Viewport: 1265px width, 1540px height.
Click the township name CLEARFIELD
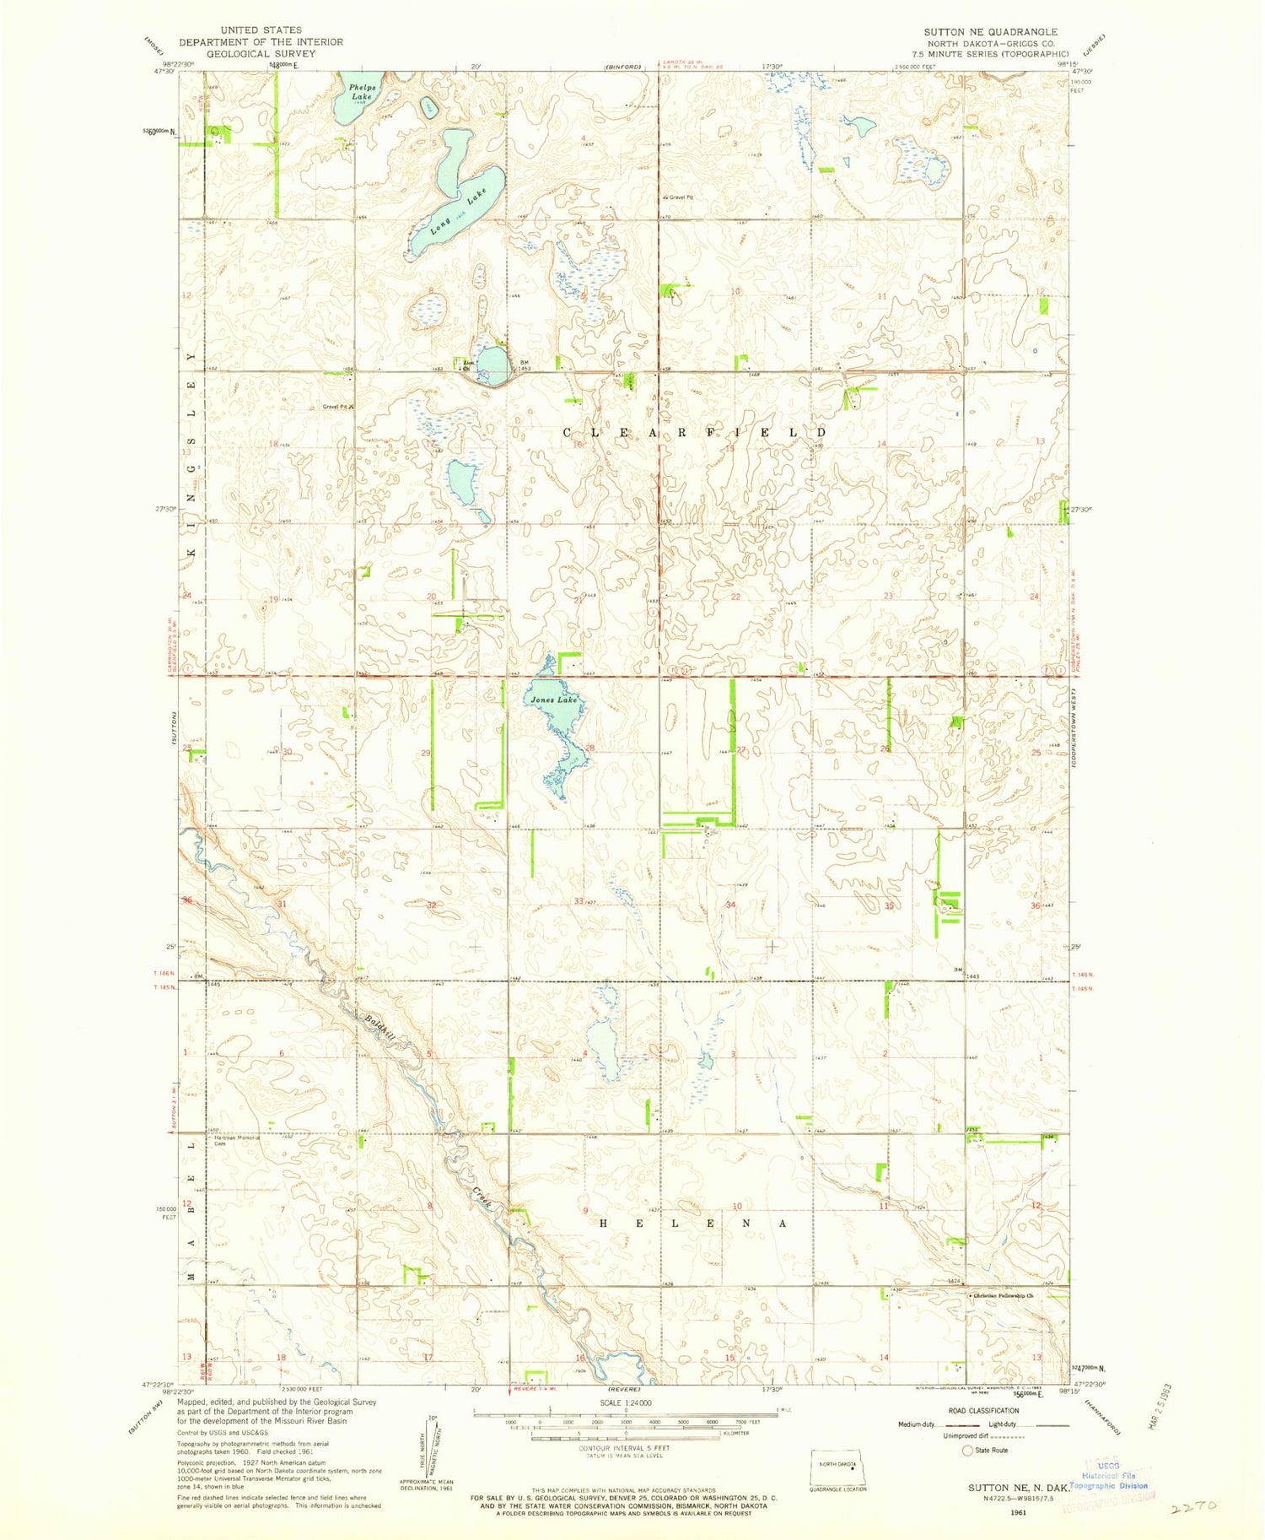(695, 432)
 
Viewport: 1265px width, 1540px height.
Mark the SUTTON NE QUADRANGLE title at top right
(990, 31)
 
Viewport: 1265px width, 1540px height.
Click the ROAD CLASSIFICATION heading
(983, 1411)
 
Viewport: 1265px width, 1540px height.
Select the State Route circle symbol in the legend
(967, 1451)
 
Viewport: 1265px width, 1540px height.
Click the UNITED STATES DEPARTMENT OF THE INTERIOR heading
(261, 41)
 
